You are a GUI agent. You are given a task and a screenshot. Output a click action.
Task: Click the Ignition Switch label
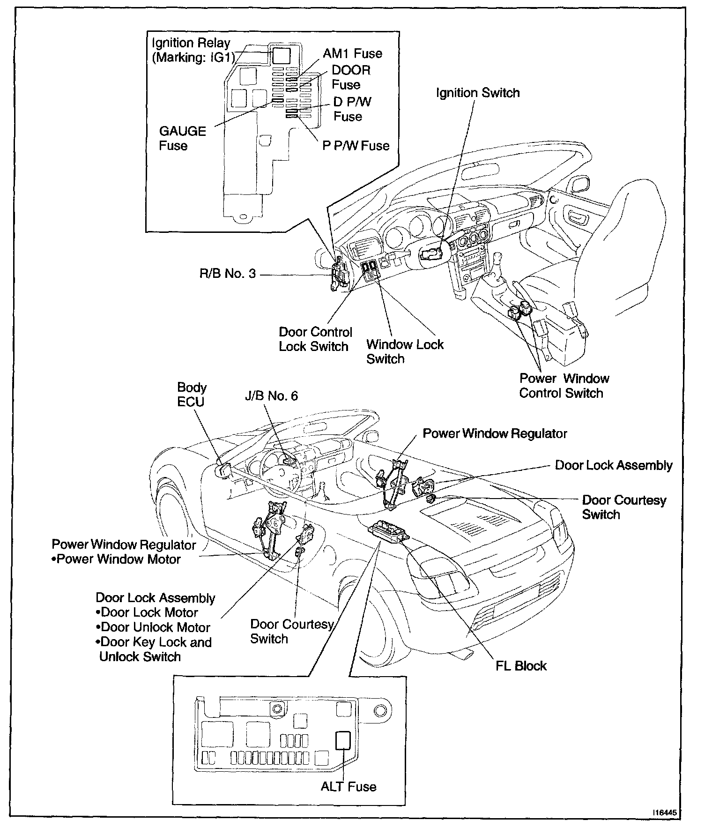click(x=478, y=93)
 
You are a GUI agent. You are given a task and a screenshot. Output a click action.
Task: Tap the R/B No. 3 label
click(x=228, y=274)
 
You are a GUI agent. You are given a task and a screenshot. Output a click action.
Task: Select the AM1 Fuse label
click(x=352, y=53)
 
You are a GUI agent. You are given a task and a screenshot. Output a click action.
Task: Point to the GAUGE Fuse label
click(x=182, y=138)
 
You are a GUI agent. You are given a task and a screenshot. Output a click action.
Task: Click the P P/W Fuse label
click(x=356, y=146)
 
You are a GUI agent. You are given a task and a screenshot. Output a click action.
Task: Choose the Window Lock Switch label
click(x=405, y=351)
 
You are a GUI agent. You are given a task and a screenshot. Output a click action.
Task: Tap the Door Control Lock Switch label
click(x=315, y=339)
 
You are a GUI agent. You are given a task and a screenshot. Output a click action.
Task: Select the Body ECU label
click(x=191, y=395)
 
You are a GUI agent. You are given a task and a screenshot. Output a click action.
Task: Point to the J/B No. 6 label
click(x=271, y=396)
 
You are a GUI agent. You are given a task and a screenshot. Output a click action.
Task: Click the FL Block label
click(x=521, y=666)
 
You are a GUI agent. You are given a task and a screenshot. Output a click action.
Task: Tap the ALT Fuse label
click(x=349, y=786)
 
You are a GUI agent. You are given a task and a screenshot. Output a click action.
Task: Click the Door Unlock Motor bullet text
click(x=156, y=627)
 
